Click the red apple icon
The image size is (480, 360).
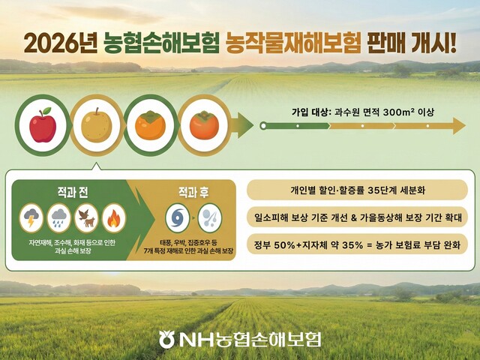click(43, 125)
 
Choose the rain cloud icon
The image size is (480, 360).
click(59, 218)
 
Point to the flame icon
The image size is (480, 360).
click(113, 218)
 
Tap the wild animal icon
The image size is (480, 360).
click(86, 218)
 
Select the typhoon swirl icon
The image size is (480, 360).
click(178, 218)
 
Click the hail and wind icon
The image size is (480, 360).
click(209, 218)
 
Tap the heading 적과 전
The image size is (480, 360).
click(73, 192)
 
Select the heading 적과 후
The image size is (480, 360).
click(193, 192)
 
